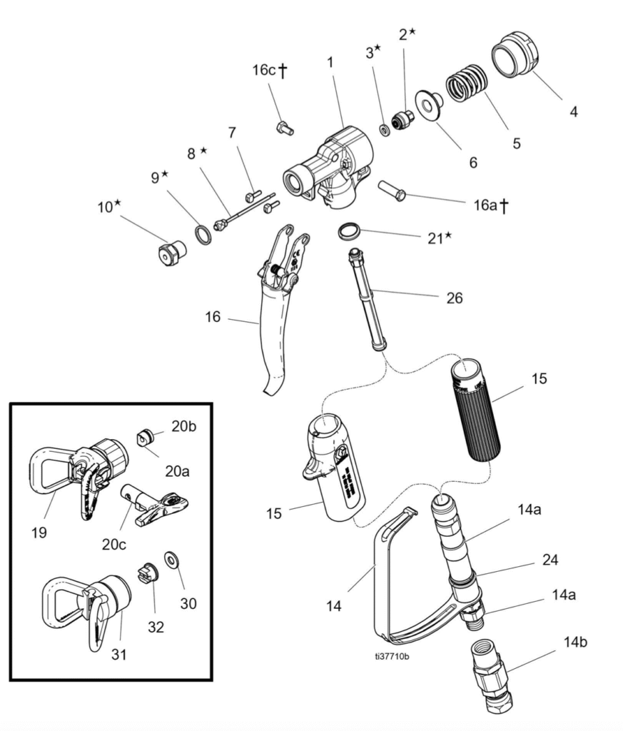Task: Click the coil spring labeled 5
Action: coord(467,83)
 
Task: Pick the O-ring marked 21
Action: coord(349,231)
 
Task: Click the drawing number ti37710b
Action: coord(392,657)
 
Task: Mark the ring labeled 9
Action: coord(203,234)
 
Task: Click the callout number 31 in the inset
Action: coord(119,653)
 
